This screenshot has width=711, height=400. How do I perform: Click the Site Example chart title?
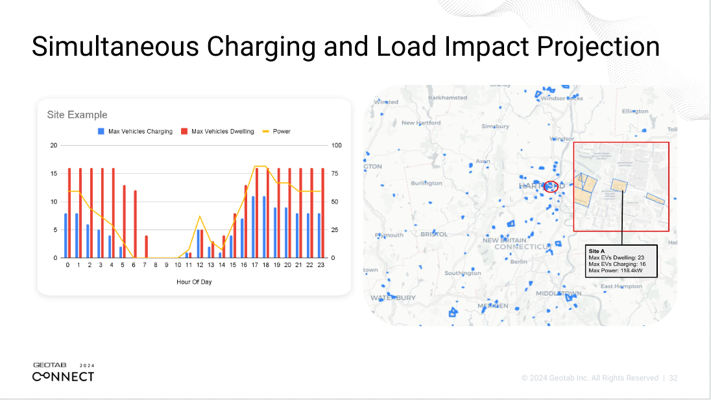(x=77, y=115)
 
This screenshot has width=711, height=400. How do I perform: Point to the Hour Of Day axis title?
(x=194, y=282)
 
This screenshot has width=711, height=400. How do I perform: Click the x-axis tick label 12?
(x=200, y=265)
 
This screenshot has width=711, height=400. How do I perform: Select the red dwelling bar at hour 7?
(x=147, y=247)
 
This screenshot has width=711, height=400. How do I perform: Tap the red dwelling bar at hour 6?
(x=136, y=224)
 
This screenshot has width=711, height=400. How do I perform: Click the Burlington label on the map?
(x=426, y=183)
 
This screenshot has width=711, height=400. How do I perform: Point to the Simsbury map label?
(x=495, y=126)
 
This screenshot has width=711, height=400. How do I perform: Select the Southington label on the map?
(x=463, y=273)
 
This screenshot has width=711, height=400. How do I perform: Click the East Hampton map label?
(x=621, y=286)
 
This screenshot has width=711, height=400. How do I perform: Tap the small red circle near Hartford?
(x=551, y=187)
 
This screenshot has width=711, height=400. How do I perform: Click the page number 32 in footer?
(x=673, y=378)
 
